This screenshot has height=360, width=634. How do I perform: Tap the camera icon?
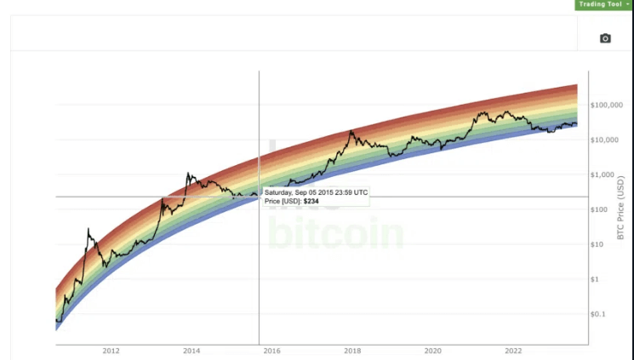tap(605, 38)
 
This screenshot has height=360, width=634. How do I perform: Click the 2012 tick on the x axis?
tap(111, 350)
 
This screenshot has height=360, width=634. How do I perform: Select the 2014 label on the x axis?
tap(191, 350)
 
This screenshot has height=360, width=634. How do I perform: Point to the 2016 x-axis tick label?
tap(271, 350)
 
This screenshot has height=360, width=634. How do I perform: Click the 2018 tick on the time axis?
tap(352, 350)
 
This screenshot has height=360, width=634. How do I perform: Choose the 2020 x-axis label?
tap(432, 350)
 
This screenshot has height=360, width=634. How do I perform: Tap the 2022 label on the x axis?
tap(513, 350)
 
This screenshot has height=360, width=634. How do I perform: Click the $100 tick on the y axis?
tap(600, 209)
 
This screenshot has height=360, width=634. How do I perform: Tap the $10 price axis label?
tap(598, 244)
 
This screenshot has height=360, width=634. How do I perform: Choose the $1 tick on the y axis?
tap(596, 279)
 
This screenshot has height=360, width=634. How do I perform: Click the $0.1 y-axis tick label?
tap(598, 314)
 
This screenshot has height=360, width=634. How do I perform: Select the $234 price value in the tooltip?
tap(311, 201)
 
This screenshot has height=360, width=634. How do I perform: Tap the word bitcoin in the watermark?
tap(336, 234)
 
